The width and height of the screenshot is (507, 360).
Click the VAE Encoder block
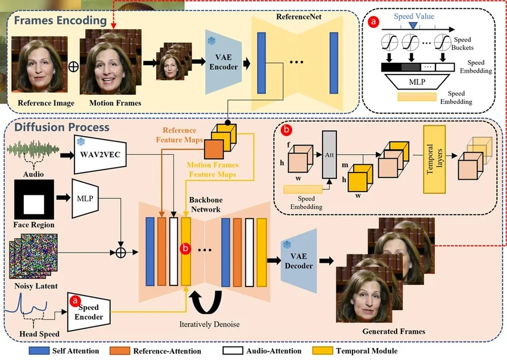[x=222, y=63]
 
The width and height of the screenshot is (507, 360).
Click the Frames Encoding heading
[x=60, y=21]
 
